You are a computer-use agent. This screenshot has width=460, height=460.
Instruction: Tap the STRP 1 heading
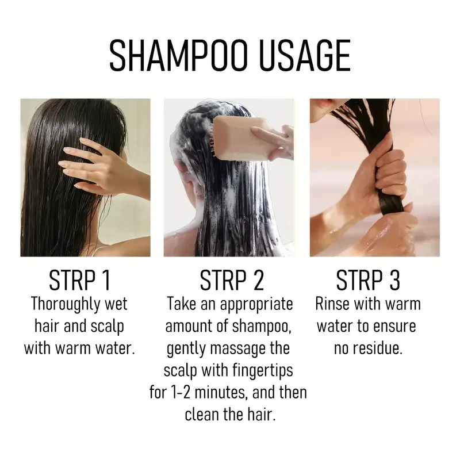(79, 281)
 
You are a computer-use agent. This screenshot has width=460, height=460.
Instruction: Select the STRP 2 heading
(231, 281)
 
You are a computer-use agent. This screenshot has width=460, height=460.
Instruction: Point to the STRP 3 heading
(368, 281)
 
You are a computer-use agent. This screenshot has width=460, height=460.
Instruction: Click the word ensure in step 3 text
(396, 326)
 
